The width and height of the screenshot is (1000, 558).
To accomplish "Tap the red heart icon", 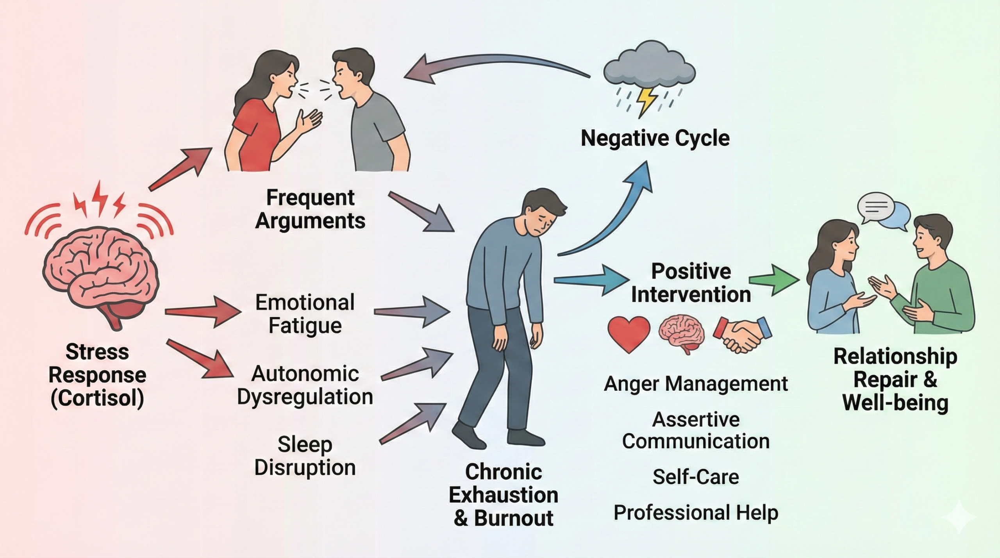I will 629,334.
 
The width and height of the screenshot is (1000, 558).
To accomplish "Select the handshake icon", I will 742,334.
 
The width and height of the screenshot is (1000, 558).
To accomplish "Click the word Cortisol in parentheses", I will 97,398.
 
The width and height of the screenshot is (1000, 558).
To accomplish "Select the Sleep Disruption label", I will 305,456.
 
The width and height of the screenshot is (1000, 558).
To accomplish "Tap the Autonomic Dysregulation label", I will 305,385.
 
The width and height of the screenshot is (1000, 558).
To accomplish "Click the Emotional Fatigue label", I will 305,314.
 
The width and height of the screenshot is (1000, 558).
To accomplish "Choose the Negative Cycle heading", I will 655,138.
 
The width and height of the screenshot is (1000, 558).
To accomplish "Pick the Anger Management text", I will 696,383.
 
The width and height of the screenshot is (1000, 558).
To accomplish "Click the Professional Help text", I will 696,512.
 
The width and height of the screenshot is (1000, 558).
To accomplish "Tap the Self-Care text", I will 696,477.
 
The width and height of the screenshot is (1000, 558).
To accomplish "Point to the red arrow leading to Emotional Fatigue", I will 203,312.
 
